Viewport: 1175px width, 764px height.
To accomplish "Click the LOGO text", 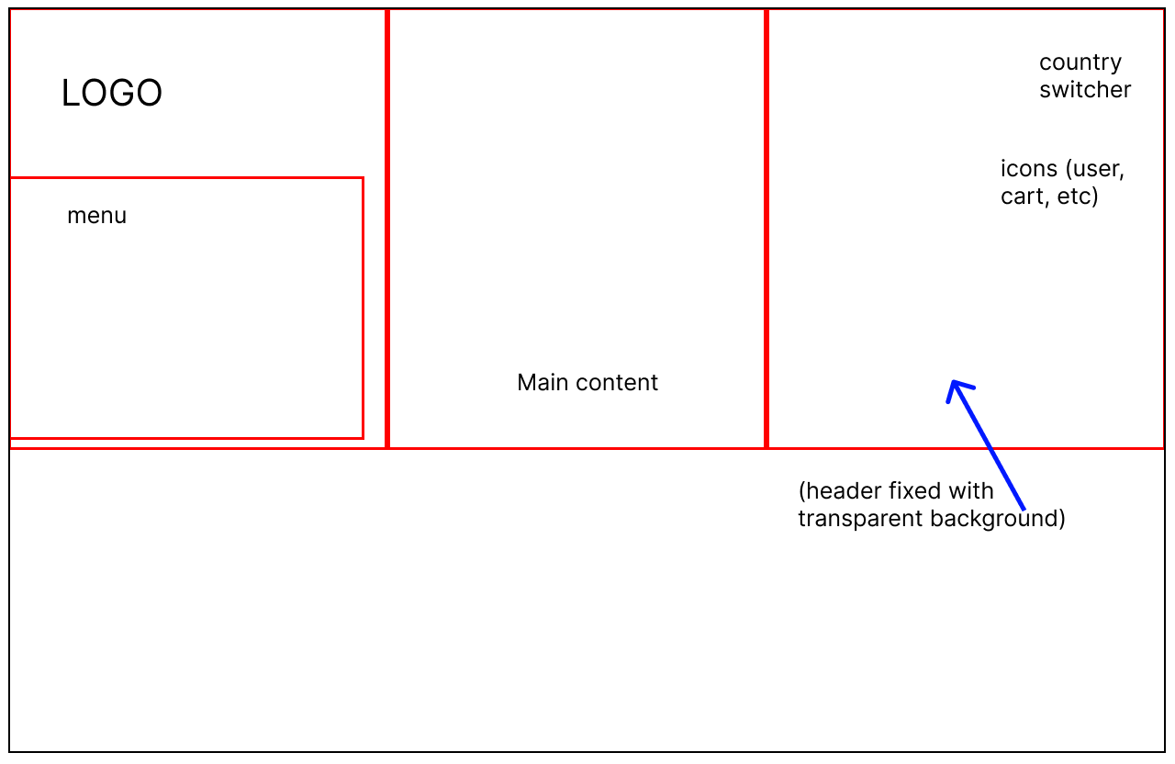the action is pyautogui.click(x=112, y=93).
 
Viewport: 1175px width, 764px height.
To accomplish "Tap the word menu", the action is pyautogui.click(x=97, y=216).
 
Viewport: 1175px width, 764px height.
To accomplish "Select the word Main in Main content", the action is pyautogui.click(x=543, y=383).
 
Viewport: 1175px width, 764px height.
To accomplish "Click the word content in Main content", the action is pyautogui.click(x=617, y=383).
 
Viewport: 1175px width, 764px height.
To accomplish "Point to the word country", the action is pyautogui.click(x=1080, y=63).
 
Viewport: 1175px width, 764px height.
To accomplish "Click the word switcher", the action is pyautogui.click(x=1085, y=90).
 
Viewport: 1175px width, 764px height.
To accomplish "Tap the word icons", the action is pyautogui.click(x=1029, y=169).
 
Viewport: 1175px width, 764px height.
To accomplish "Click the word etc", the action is pyautogui.click(x=1078, y=197).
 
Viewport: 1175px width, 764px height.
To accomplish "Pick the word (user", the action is pyautogui.click(x=1095, y=170).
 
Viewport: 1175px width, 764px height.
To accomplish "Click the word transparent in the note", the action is pyautogui.click(x=860, y=519).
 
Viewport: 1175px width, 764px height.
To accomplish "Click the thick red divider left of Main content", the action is pyautogui.click(x=387, y=229).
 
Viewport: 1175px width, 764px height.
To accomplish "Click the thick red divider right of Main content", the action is pyautogui.click(x=767, y=229).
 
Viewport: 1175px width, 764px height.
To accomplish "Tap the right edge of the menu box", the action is pyautogui.click(x=363, y=308).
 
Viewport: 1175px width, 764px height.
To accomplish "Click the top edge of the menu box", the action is pyautogui.click(x=186, y=178).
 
